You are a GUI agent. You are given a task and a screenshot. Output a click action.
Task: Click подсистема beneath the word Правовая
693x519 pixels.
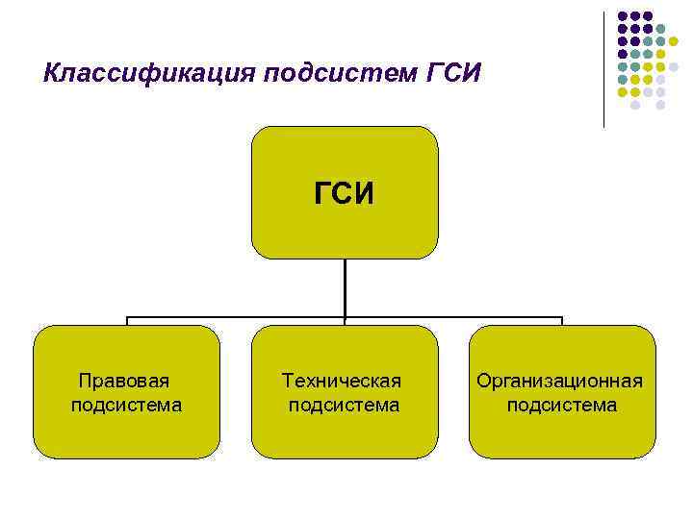[126, 405]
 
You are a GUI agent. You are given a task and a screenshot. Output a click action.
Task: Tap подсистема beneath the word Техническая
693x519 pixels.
[344, 405]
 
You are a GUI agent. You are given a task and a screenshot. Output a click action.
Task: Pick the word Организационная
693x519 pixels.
[560, 381]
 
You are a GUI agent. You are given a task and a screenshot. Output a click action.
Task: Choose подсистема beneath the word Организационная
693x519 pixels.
[562, 405]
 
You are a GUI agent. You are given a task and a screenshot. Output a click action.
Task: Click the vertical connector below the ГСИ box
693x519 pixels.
[345, 287]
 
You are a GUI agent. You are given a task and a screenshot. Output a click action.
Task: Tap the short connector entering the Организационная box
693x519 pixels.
[562, 322]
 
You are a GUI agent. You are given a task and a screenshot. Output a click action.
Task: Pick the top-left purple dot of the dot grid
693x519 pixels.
[623, 16]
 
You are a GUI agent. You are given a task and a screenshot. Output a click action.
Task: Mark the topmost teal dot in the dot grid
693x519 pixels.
[660, 29]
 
